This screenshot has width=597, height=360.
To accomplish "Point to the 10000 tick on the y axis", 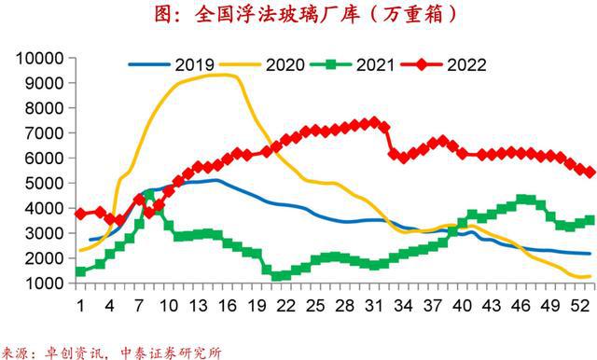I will click(x=36, y=58).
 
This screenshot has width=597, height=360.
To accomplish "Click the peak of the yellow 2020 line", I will click(x=220, y=75).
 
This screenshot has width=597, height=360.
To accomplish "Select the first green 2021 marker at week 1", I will click(x=80, y=271).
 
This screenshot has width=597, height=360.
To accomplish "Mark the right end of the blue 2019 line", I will click(x=588, y=254).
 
